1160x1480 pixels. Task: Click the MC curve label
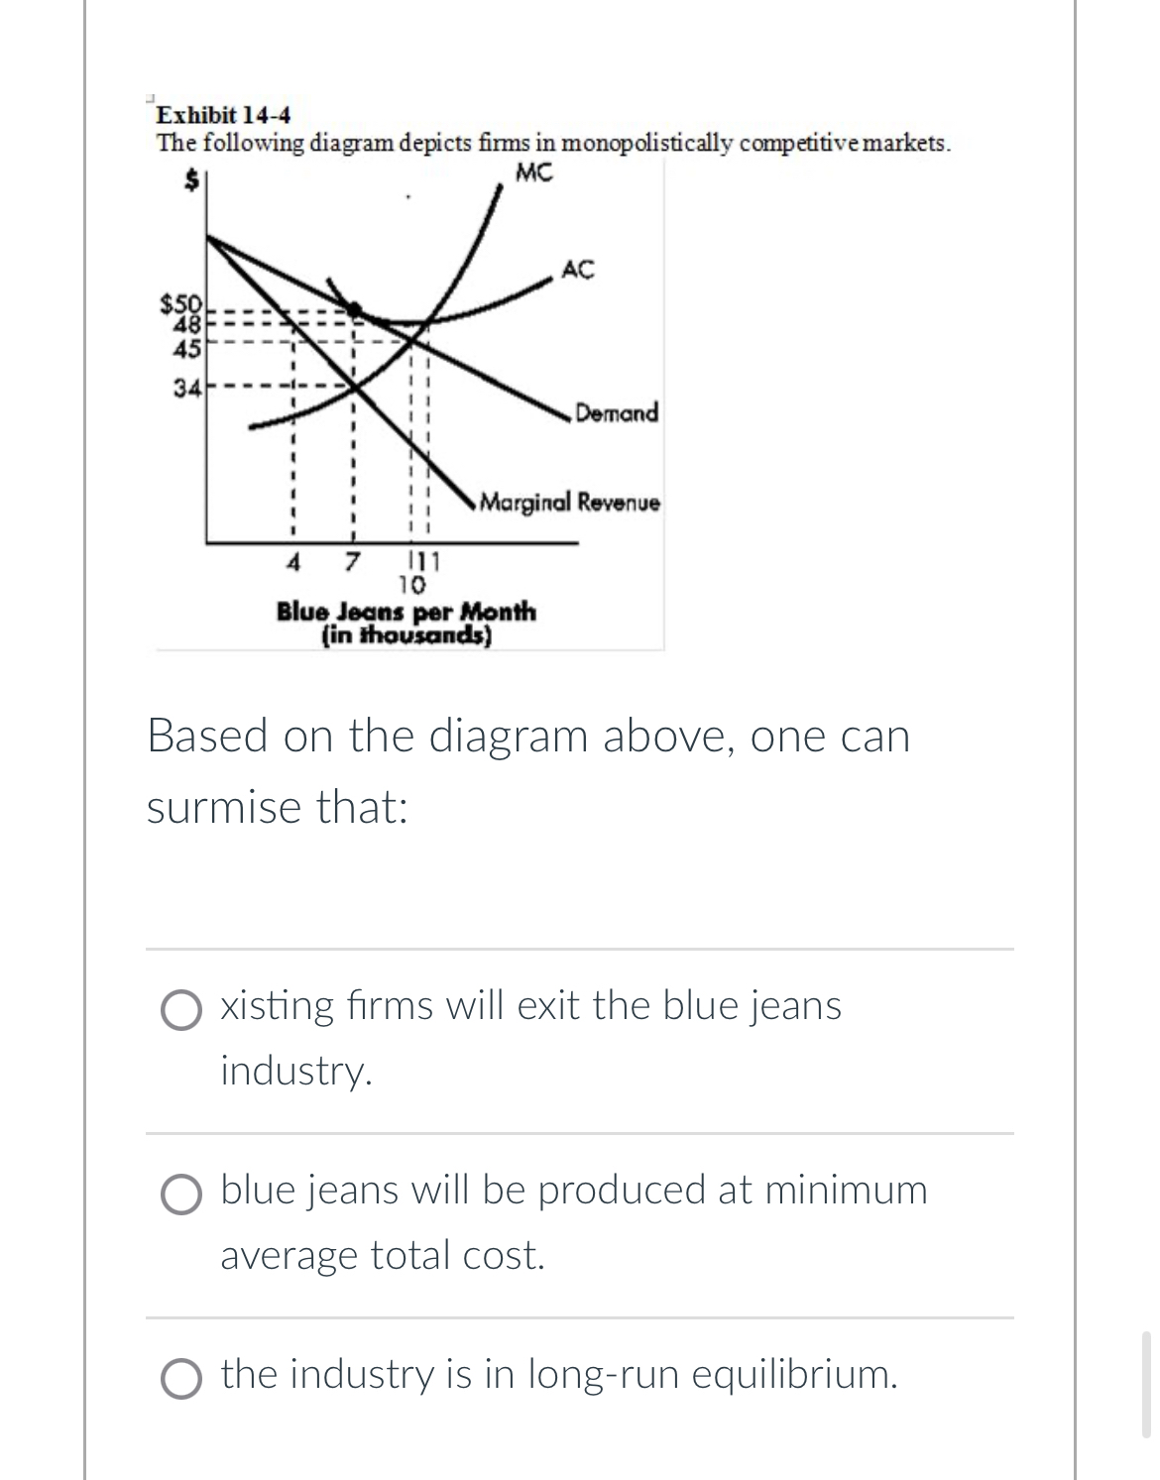[x=534, y=173]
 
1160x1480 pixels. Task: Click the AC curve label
[x=578, y=269]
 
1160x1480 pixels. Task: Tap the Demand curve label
[x=617, y=412]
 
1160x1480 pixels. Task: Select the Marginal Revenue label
[x=569, y=503]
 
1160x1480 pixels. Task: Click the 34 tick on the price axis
[x=185, y=388]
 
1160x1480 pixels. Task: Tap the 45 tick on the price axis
[x=186, y=348]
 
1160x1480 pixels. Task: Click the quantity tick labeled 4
[x=292, y=562]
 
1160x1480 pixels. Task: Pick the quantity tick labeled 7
[x=350, y=562]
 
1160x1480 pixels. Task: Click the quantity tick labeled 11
[x=427, y=562]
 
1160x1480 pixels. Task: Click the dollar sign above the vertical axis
[x=196, y=178]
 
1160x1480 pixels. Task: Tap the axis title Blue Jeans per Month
[x=406, y=611]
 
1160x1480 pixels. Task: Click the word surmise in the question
[x=223, y=808]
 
